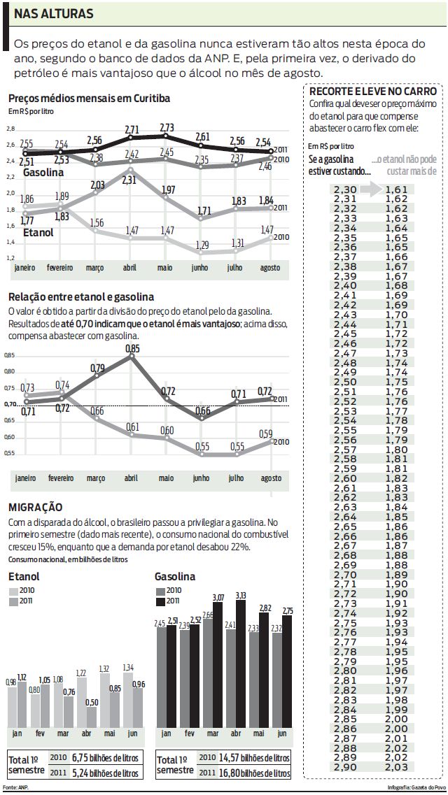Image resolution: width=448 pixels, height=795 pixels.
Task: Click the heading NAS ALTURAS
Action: pos(54,14)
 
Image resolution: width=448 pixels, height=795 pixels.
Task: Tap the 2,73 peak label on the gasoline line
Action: pos(167,127)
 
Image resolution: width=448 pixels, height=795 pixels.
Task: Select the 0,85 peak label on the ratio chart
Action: pos(132,348)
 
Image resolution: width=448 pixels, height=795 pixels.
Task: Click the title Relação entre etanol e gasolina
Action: pos(81,297)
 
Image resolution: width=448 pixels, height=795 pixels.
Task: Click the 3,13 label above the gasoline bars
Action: pos(241,595)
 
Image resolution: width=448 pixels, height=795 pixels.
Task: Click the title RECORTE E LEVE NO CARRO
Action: pos(373,92)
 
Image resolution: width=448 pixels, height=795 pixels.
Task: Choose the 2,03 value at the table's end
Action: pos(396,767)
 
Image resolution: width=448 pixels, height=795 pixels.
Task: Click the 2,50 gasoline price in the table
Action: pos(345,382)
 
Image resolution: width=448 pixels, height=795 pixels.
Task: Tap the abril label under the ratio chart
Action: pos(131,478)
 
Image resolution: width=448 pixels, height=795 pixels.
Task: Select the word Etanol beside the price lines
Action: pos(38,233)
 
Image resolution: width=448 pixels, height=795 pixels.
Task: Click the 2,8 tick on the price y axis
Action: pos(10,129)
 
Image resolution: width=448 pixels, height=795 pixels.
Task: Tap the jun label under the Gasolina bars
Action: pos(282,733)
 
